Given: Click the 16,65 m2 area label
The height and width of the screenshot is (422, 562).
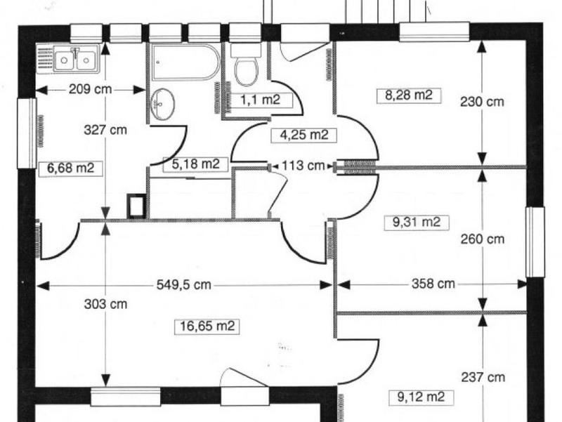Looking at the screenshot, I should pos(207,326).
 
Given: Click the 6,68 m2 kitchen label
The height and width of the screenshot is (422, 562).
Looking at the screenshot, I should pos(71,168).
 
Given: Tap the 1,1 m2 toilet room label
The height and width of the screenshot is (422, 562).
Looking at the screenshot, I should pos(260,100).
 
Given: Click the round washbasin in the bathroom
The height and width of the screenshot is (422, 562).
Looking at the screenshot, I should pos(163,103).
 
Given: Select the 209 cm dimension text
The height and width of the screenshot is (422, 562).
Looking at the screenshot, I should pos(88,90).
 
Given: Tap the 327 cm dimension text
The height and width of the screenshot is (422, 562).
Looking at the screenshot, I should pos(105,129).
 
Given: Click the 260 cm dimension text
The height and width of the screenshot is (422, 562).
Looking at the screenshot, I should pos(482,239).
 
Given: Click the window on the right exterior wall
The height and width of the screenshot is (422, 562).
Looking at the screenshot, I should pos(535,242).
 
